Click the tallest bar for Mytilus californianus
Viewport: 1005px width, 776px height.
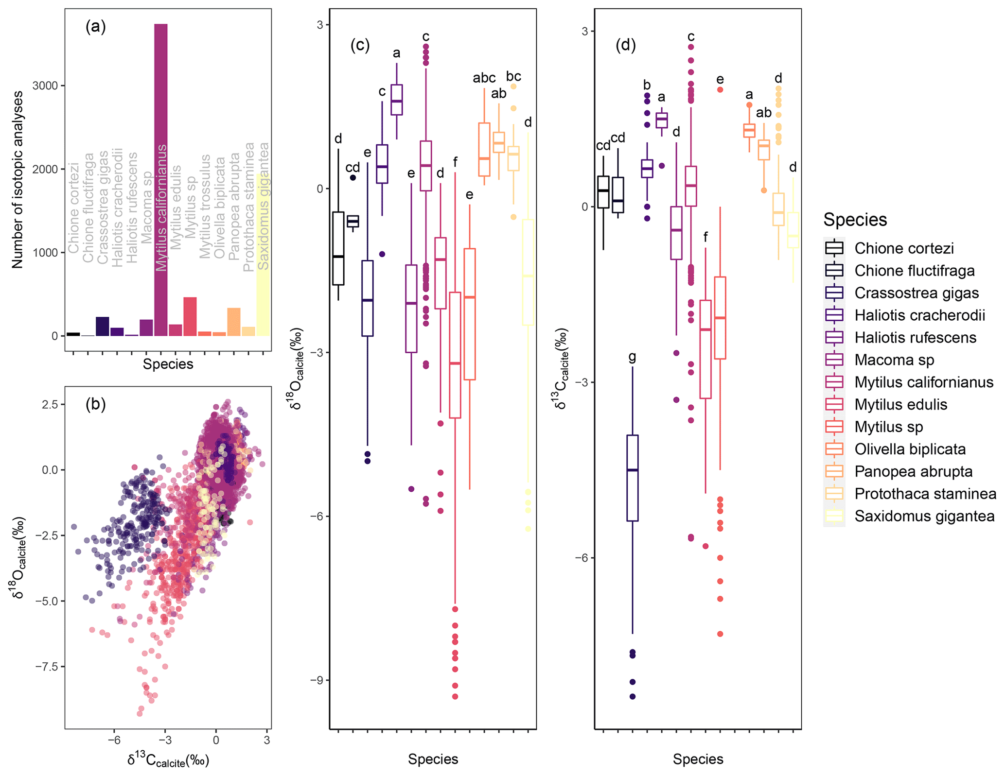pyautogui.click(x=161, y=180)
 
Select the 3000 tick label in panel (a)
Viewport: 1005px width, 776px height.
pyautogui.click(x=45, y=86)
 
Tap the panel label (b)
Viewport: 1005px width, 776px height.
pyautogui.click(x=95, y=404)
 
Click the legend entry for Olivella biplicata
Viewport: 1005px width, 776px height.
pyautogui.click(x=910, y=449)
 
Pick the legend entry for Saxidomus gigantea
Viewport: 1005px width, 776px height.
pyautogui.click(x=924, y=516)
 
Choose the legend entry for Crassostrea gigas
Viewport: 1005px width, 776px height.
pyautogui.click(x=916, y=293)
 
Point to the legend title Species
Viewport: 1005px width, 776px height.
pyautogui.click(x=855, y=220)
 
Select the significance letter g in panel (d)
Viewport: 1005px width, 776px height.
pyautogui.click(x=632, y=357)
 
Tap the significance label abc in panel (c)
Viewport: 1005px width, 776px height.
pyautogui.click(x=484, y=78)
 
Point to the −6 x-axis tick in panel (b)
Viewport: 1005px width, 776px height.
pyautogui.click(x=114, y=740)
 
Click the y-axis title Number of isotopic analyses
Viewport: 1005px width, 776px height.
pyautogui.click(x=18, y=180)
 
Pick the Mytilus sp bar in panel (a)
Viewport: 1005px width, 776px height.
pyautogui.click(x=190, y=316)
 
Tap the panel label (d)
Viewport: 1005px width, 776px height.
pyautogui.click(x=625, y=45)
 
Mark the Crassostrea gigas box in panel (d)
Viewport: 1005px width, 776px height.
pyautogui.click(x=632, y=478)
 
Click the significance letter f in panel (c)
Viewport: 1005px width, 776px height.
pyautogui.click(x=455, y=162)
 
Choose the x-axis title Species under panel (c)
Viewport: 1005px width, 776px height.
pyautogui.click(x=433, y=759)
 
